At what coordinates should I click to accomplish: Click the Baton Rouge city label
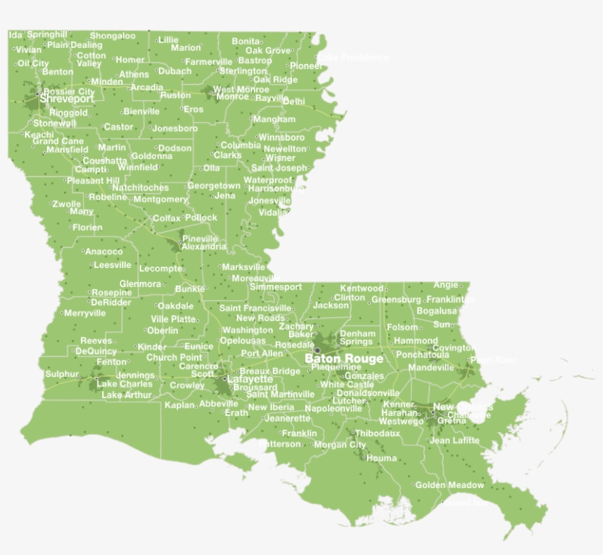[x=344, y=358]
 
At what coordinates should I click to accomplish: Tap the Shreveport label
[x=67, y=99]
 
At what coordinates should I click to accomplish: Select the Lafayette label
[x=250, y=379]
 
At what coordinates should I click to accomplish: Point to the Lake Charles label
[x=124, y=383]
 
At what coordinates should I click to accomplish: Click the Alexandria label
[x=204, y=247]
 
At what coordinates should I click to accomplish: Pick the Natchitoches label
[x=140, y=188]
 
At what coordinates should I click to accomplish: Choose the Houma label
[x=382, y=458]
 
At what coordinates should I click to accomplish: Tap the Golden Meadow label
[x=450, y=485]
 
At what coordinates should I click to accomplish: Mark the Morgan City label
[x=340, y=445]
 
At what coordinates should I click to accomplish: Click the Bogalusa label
[x=437, y=311]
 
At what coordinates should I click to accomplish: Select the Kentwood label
[x=362, y=288]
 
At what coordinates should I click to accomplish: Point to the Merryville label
[x=85, y=313]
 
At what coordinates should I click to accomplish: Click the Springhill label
[x=48, y=34]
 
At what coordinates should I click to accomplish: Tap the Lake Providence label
[x=353, y=57]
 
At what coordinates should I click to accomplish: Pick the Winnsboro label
[x=281, y=138]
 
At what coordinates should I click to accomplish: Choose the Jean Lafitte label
[x=454, y=441]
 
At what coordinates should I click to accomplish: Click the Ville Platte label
[x=174, y=319]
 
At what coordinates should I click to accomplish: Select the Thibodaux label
[x=378, y=434]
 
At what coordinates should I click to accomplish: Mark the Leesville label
[x=113, y=264]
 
